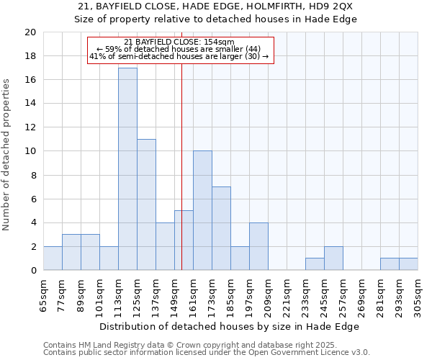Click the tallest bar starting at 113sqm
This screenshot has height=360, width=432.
coord(127,169)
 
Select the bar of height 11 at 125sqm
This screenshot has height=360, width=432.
coord(146,205)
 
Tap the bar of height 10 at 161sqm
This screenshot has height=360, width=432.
coord(202,211)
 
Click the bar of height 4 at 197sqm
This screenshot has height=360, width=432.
coord(258,247)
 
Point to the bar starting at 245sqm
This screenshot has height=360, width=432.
coord(333,258)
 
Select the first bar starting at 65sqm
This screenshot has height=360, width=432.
coord(53,258)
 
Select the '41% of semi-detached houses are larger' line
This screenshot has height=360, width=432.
coord(179,56)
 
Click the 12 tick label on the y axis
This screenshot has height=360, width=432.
coord(30,127)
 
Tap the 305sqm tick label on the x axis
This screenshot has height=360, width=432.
coord(418,294)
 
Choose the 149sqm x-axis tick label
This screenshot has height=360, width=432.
coord(174,294)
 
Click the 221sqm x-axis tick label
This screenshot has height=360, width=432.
coord(287,294)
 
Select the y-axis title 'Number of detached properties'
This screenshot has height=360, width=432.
coord(7,155)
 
